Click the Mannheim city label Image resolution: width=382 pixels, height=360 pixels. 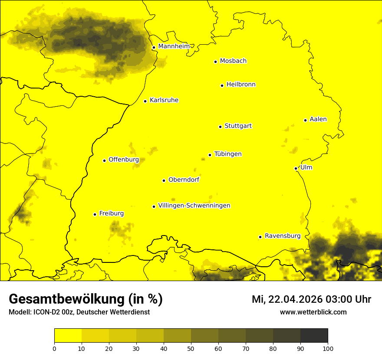pyautogui.click(x=174, y=46)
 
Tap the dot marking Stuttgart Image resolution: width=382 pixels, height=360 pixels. pyautogui.click(x=220, y=127)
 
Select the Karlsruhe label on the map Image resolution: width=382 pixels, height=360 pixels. pyautogui.click(x=164, y=100)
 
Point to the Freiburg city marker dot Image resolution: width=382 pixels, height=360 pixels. pyautogui.click(x=95, y=214)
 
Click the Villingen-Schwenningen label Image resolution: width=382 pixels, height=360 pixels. pyautogui.click(x=194, y=206)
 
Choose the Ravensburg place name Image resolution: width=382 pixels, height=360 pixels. pyautogui.click(x=282, y=236)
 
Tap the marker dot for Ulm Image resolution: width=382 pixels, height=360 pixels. pyautogui.click(x=296, y=168)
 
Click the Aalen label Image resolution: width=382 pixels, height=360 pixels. pyautogui.click(x=318, y=119)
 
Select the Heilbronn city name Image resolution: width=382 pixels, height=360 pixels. pyautogui.click(x=241, y=85)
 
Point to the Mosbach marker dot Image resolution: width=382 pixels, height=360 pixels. pyautogui.click(x=215, y=62)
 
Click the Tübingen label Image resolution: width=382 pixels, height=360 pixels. pyautogui.click(x=228, y=154)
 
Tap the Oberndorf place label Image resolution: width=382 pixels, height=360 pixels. pyautogui.click(x=184, y=180)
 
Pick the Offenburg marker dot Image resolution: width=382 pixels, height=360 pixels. pyautogui.click(x=104, y=160)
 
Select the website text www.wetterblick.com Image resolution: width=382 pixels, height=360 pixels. pyautogui.click(x=313, y=312)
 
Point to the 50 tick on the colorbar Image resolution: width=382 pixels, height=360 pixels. pyautogui.click(x=191, y=348)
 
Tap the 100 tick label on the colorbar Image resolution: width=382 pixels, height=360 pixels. pyautogui.click(x=328, y=348)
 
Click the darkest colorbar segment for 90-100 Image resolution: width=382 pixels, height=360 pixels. pyautogui.click(x=314, y=335)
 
